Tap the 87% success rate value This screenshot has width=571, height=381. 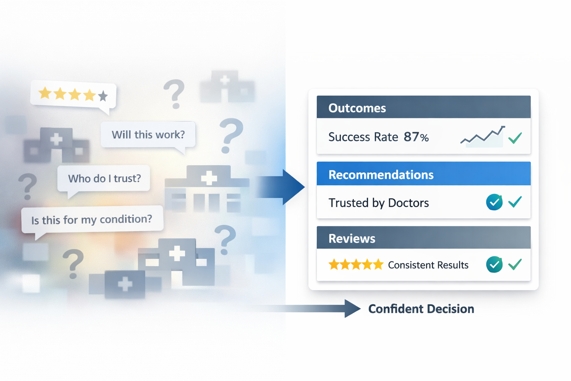point(416,137)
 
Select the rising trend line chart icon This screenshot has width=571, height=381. point(483,136)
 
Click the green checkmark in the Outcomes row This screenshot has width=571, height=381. point(515,138)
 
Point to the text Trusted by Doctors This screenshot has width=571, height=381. point(378,203)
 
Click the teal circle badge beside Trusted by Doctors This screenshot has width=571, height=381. point(494,202)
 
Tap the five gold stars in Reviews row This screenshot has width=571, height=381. point(356,265)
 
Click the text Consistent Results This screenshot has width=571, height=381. point(428,265)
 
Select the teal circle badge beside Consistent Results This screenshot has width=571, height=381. point(494,265)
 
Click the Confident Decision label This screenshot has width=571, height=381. point(421,309)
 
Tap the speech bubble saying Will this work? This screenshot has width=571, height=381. point(148,135)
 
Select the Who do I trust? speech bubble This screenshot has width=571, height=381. point(104,179)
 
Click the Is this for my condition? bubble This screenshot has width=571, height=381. point(92,220)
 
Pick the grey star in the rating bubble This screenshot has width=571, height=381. point(103,96)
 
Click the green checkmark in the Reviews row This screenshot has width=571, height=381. point(515,265)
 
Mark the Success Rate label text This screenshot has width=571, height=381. point(363,137)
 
